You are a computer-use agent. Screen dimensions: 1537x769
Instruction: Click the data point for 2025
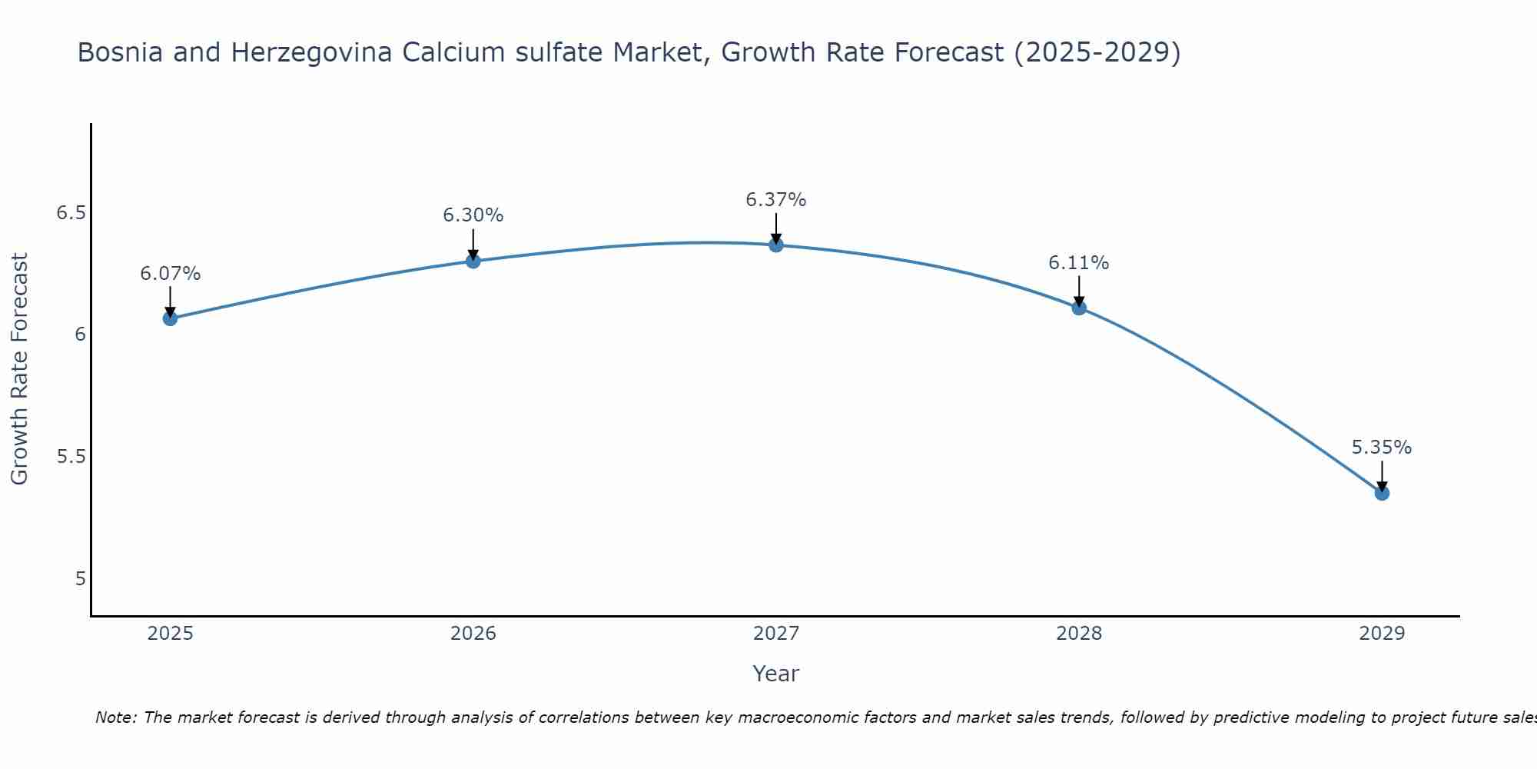(x=170, y=318)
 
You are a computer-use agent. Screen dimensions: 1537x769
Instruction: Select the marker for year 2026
(x=473, y=261)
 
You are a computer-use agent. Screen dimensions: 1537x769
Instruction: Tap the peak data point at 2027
(x=776, y=245)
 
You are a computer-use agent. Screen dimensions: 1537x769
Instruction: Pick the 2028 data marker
(x=1079, y=308)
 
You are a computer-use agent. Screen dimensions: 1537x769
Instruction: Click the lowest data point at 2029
(x=1382, y=493)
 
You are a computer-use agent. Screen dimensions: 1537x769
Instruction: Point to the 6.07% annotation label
(x=170, y=274)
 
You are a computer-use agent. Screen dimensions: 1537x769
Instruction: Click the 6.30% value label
(x=473, y=215)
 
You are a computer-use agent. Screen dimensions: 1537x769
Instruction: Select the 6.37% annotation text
(x=776, y=200)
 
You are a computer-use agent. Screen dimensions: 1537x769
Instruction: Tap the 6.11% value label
(x=1079, y=263)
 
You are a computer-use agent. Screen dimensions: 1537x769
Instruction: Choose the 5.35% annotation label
(x=1382, y=448)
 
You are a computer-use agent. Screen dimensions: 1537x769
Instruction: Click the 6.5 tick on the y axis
(x=71, y=213)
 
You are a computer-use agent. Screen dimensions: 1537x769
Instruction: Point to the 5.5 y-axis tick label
(x=71, y=457)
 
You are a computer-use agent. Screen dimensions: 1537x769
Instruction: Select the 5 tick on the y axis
(x=81, y=579)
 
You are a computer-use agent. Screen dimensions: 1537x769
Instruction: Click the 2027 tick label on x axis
(x=776, y=634)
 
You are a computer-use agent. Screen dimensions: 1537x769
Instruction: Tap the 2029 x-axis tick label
(x=1382, y=634)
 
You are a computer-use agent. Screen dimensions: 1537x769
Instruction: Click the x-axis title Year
(x=776, y=674)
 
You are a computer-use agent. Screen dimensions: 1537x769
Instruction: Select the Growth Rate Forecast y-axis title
(x=20, y=369)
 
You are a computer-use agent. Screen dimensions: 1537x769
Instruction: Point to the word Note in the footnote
(x=115, y=717)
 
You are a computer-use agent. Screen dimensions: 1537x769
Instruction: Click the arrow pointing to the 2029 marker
(x=1382, y=475)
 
